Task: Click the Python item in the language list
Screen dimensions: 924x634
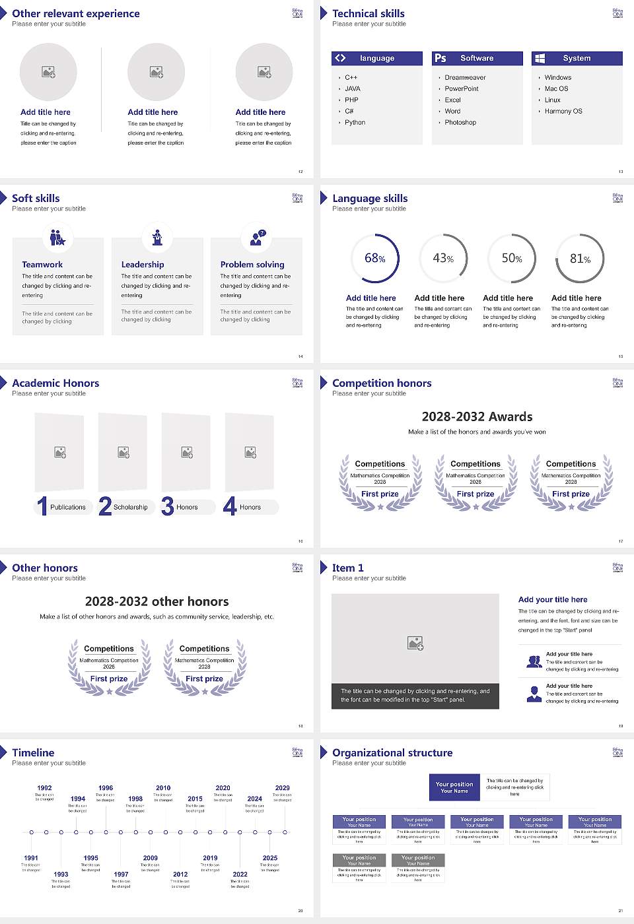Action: tap(355, 122)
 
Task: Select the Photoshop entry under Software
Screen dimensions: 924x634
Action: tap(460, 122)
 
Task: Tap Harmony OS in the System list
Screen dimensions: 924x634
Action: tap(563, 111)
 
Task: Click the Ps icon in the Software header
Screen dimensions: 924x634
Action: tap(440, 58)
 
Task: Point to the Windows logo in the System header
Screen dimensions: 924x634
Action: tap(540, 58)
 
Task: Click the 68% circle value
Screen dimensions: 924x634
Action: tap(374, 258)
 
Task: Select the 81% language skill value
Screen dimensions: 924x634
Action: tap(580, 259)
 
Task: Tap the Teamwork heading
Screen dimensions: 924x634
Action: tap(42, 264)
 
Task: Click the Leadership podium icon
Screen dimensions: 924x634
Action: tap(157, 237)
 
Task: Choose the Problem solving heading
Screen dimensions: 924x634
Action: tap(252, 264)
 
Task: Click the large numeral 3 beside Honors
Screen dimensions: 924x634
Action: tap(168, 506)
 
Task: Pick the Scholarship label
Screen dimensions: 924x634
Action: tap(130, 507)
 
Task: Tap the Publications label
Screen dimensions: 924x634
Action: tap(68, 507)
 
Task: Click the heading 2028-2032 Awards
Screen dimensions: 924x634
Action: tap(477, 416)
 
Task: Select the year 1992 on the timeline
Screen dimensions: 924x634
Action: tap(44, 787)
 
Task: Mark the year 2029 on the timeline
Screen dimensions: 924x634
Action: tap(282, 787)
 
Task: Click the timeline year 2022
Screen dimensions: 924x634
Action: tap(240, 874)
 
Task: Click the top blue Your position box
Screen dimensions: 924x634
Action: tap(454, 787)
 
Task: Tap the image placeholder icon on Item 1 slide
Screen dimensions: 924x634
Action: tap(415, 643)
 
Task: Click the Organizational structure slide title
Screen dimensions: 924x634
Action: tap(392, 752)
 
